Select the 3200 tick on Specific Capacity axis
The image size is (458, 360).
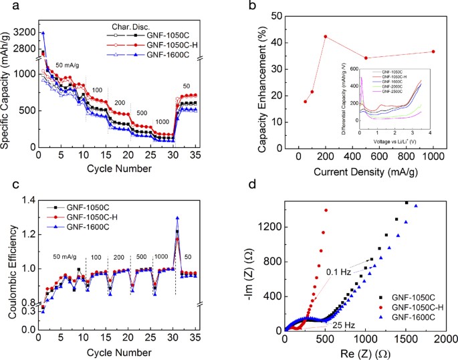22,31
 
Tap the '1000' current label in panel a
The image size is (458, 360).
163,121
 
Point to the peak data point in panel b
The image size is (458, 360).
326,36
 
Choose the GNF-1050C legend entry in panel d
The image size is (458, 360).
409,294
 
